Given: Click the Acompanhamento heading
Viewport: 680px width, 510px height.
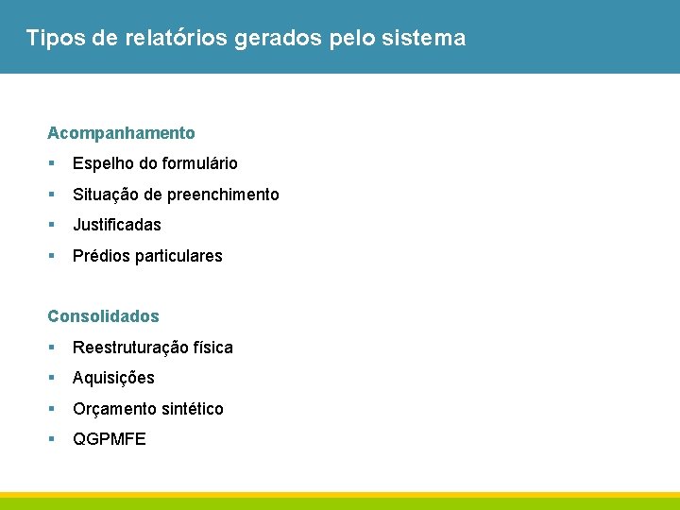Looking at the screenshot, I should [x=121, y=133].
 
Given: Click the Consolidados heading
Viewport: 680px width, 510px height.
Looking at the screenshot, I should [x=103, y=316].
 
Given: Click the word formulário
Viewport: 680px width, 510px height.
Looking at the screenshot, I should [x=199, y=163].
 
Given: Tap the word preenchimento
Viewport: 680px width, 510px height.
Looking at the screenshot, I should [x=223, y=195].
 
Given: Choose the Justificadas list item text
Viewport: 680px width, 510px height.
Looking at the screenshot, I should [x=117, y=225].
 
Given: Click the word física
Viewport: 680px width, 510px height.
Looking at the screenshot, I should [x=212, y=348].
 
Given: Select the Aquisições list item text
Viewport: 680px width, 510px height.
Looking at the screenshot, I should [x=113, y=378].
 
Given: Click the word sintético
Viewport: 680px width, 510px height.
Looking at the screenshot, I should [x=192, y=409].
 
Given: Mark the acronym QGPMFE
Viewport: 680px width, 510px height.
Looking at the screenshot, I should [x=110, y=439].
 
